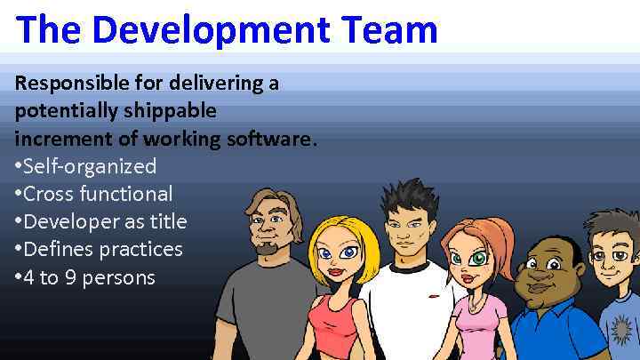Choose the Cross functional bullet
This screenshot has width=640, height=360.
tap(98, 194)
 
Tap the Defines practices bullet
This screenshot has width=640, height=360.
tap(103, 249)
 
